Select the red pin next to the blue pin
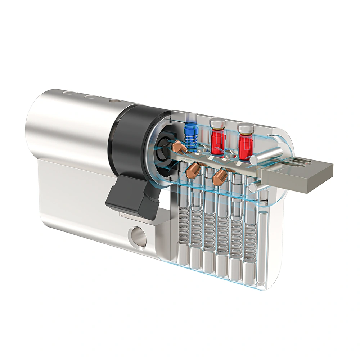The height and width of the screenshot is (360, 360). [217, 141]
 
